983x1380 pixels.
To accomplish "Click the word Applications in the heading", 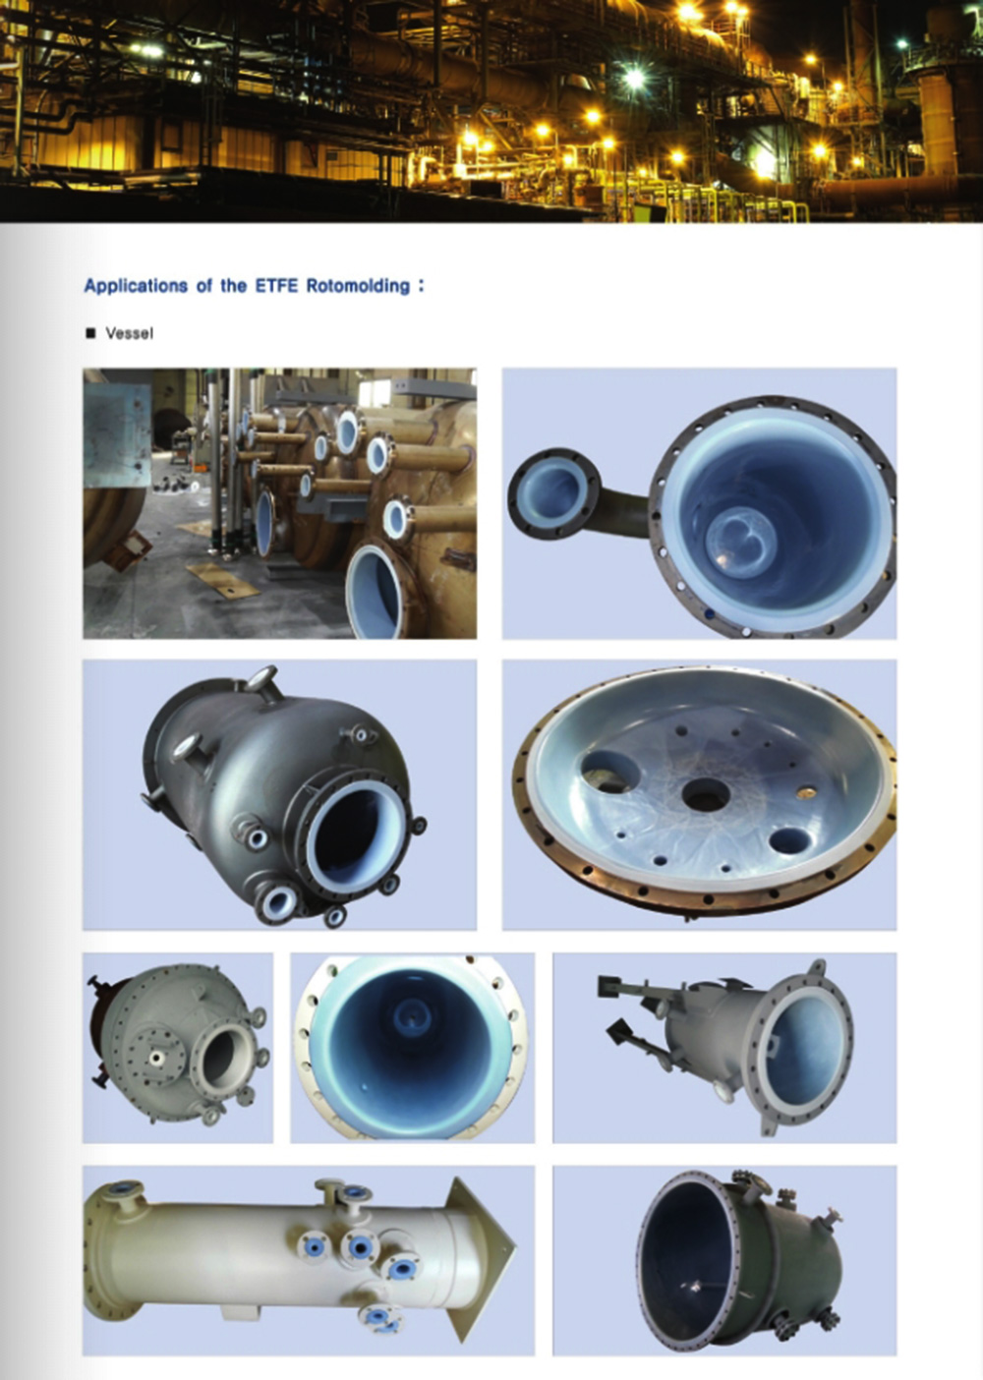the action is [x=137, y=286].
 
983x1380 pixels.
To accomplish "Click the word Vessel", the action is [x=130, y=333].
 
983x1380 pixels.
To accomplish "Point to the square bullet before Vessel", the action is [x=91, y=333].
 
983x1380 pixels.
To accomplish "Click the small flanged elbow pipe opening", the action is [x=552, y=493].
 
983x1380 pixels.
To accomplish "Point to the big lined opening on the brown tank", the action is [x=376, y=593].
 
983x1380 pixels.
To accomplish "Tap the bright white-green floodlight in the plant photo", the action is [x=633, y=78].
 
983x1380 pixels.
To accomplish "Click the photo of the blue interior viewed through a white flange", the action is [x=412, y=1048].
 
